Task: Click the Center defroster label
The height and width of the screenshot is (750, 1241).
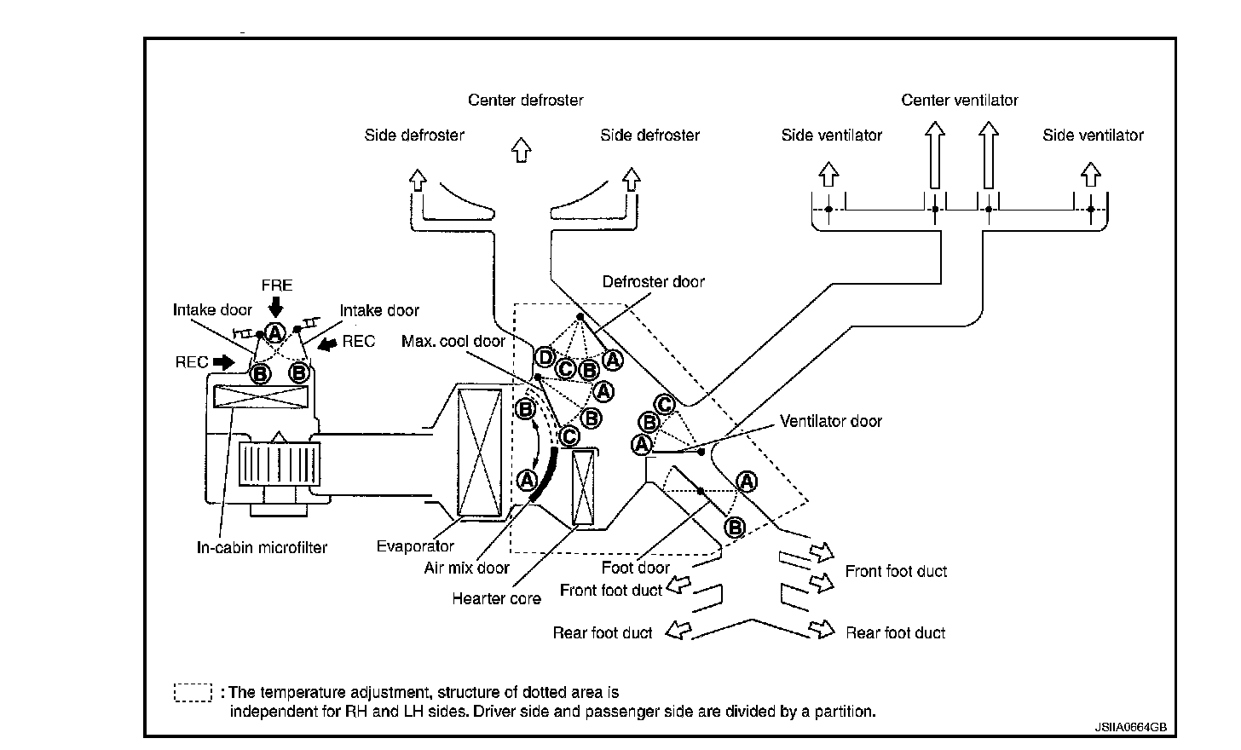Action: [525, 101]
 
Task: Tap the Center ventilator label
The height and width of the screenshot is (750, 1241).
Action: [960, 101]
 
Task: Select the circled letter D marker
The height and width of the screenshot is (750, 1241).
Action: [545, 358]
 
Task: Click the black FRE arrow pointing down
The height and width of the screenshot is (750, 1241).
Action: [275, 307]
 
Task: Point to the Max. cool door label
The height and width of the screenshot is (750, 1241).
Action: [453, 341]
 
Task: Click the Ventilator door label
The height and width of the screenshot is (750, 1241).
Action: [830, 422]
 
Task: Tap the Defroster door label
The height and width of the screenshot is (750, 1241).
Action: [653, 282]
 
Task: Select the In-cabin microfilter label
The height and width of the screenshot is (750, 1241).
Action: [262, 548]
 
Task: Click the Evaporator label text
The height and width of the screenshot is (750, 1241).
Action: [415, 546]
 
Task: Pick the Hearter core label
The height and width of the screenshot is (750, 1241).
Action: [496, 599]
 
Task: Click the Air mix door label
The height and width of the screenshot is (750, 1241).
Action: [466, 568]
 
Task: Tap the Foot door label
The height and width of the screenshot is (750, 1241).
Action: [636, 568]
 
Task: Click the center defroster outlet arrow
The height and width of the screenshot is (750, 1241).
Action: [521, 149]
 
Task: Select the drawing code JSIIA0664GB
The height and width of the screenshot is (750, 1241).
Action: [1130, 727]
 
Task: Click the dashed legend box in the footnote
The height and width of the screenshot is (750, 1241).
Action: [193, 692]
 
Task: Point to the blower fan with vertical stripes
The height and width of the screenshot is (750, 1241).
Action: [280, 464]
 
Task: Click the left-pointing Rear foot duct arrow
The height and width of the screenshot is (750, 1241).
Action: [678, 630]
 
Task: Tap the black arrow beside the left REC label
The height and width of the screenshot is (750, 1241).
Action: [224, 363]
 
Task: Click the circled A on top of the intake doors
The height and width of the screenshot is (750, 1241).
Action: [274, 333]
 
